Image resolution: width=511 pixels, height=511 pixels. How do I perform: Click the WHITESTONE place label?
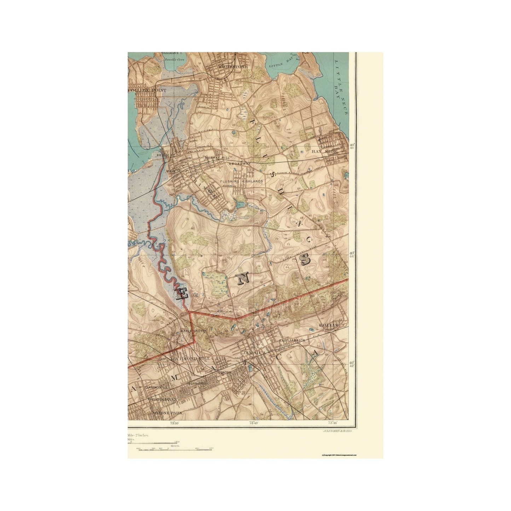pos(231,66)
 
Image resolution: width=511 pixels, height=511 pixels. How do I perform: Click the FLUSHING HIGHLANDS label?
pos(242,181)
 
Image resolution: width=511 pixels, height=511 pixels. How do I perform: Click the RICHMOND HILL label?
pos(190,359)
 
